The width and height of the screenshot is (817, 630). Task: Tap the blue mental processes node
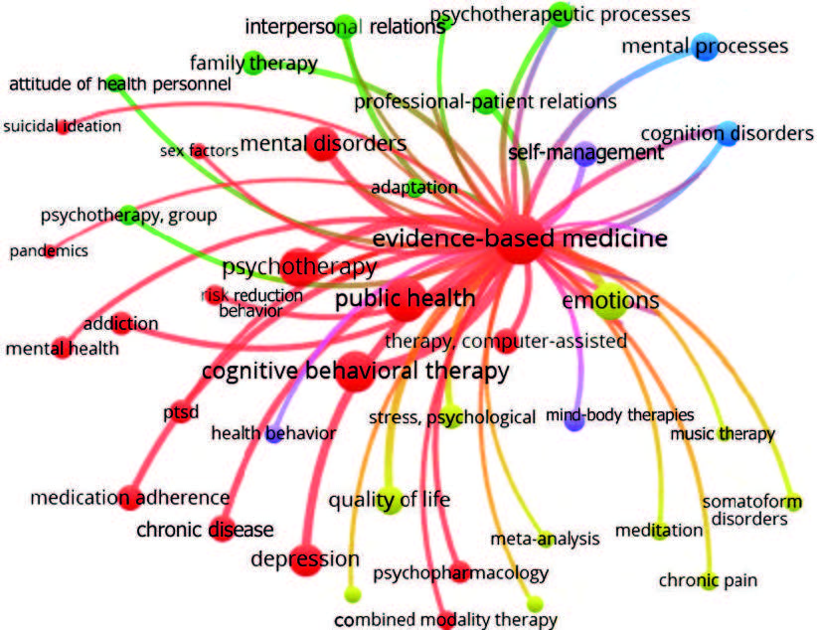705,47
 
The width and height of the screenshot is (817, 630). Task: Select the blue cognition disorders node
728,134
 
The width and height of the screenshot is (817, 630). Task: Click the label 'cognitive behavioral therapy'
355,372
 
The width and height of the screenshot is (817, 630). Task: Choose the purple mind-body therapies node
573,420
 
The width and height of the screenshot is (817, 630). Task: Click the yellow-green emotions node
610,301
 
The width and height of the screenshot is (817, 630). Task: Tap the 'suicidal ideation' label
63,126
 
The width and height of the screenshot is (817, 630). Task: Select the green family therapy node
252,62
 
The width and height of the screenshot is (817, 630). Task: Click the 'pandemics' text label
49,251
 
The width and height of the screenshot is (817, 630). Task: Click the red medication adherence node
128,497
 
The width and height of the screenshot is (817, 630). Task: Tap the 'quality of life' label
389,499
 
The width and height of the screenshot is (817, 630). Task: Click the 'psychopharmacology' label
460,573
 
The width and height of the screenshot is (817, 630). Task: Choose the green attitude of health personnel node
113,82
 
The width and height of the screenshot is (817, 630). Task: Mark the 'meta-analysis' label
545,539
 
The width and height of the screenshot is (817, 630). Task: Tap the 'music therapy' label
722,433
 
